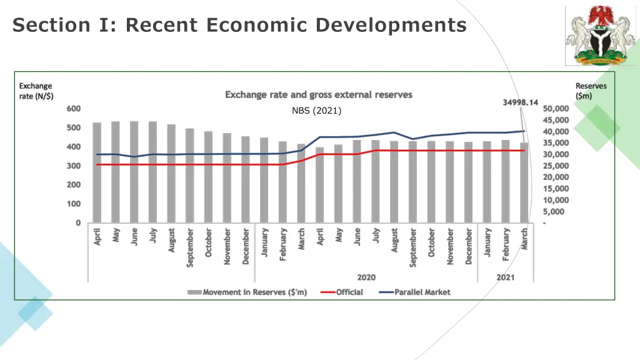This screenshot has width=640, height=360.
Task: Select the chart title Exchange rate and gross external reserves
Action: [x=319, y=95]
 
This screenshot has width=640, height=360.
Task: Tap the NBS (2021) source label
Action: [x=316, y=111]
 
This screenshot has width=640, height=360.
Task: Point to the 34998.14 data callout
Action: [x=521, y=102]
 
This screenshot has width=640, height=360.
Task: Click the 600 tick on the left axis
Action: [x=74, y=109]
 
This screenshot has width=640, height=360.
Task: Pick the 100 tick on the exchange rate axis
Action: [x=74, y=204]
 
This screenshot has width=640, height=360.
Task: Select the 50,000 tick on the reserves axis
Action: [x=556, y=109]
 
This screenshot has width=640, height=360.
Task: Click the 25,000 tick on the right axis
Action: [x=556, y=166]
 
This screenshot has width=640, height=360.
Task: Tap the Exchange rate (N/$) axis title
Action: [x=36, y=91]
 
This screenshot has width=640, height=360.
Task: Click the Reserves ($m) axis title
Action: [x=591, y=91]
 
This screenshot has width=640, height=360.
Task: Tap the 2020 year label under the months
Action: [x=366, y=277]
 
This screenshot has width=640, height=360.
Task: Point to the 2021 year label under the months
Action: [x=505, y=277]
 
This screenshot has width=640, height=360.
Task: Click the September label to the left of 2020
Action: [x=190, y=247]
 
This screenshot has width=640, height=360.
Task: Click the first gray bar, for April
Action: [x=97, y=172]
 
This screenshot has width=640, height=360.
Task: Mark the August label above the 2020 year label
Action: [x=394, y=239]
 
